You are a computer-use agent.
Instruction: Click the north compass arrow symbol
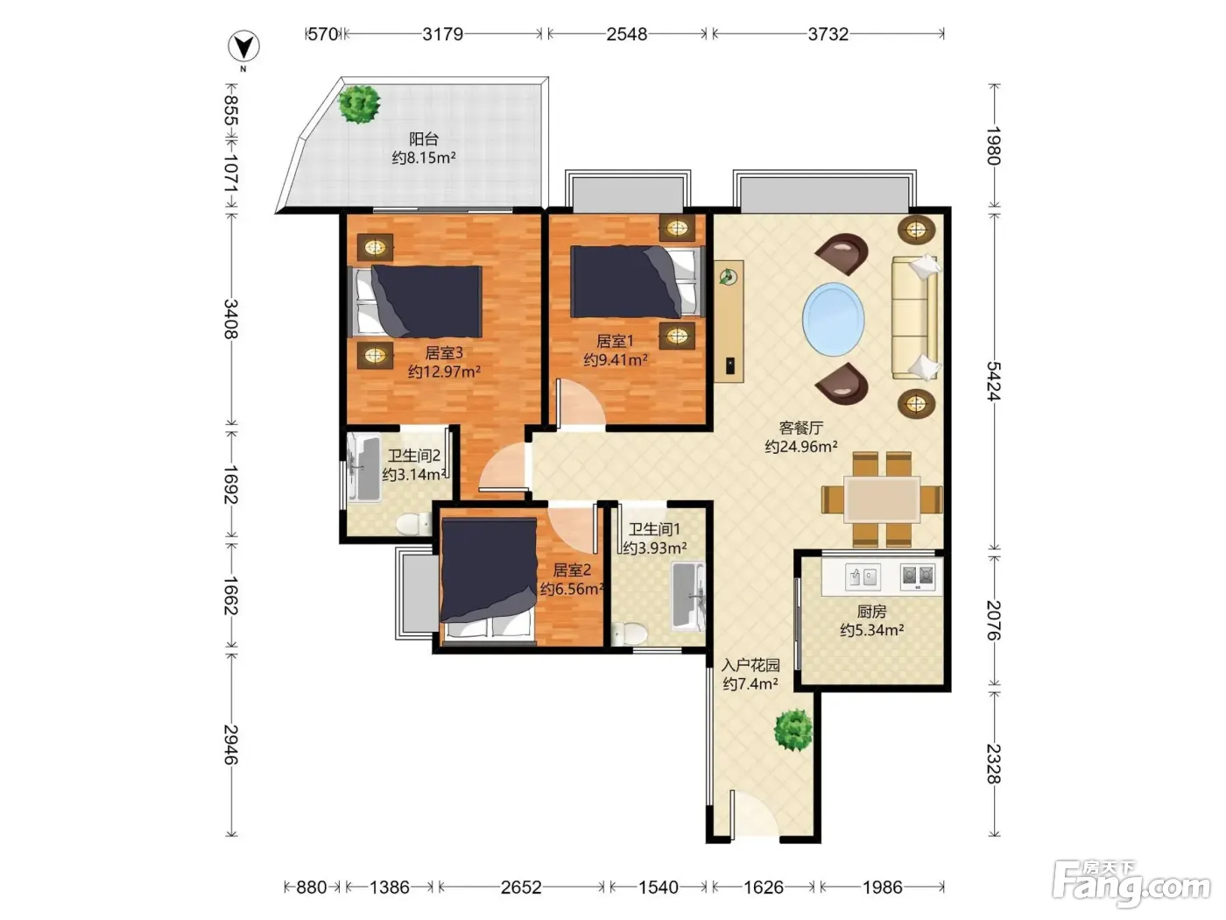pyautogui.click(x=243, y=46)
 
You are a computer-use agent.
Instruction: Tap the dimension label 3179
pyautogui.click(x=442, y=35)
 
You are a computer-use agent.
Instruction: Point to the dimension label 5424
pyautogui.click(x=993, y=381)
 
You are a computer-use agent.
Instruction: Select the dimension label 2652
pyautogui.click(x=520, y=887)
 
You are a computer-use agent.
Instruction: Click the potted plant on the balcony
pyautogui.click(x=360, y=104)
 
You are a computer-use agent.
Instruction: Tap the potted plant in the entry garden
pyautogui.click(x=793, y=730)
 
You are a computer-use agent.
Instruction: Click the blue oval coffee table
pyautogui.click(x=834, y=319)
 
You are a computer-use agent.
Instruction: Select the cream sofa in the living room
pyautogui.click(x=916, y=317)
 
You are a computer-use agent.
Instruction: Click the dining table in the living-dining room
pyautogui.click(x=881, y=499)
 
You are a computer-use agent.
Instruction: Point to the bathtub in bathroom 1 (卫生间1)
pyautogui.click(x=688, y=597)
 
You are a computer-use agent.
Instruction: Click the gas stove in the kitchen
pyautogui.click(x=918, y=576)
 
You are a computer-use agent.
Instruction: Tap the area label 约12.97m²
pyautogui.click(x=444, y=372)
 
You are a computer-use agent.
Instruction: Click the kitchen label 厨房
pyautogui.click(x=871, y=612)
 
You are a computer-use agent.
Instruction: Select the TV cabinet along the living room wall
pyautogui.click(x=729, y=322)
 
